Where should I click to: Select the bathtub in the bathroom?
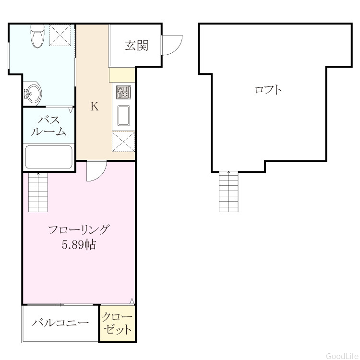pos(48,157)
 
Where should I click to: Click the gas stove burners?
pos(123,92)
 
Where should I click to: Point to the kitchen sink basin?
pos(123,116)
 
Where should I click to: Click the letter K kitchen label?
pos(95,107)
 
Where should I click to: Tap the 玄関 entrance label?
pos(137,45)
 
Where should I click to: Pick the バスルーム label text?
pos(48,126)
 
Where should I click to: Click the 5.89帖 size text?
pos(79,245)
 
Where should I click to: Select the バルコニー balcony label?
pos(60,323)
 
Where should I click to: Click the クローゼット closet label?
pos(117,323)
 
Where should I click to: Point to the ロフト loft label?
pos(268,90)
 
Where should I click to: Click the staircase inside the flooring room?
pos(38,192)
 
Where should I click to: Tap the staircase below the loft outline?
pos(228,192)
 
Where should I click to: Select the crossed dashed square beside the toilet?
pos(60,36)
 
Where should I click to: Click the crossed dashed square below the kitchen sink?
pos(123,142)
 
